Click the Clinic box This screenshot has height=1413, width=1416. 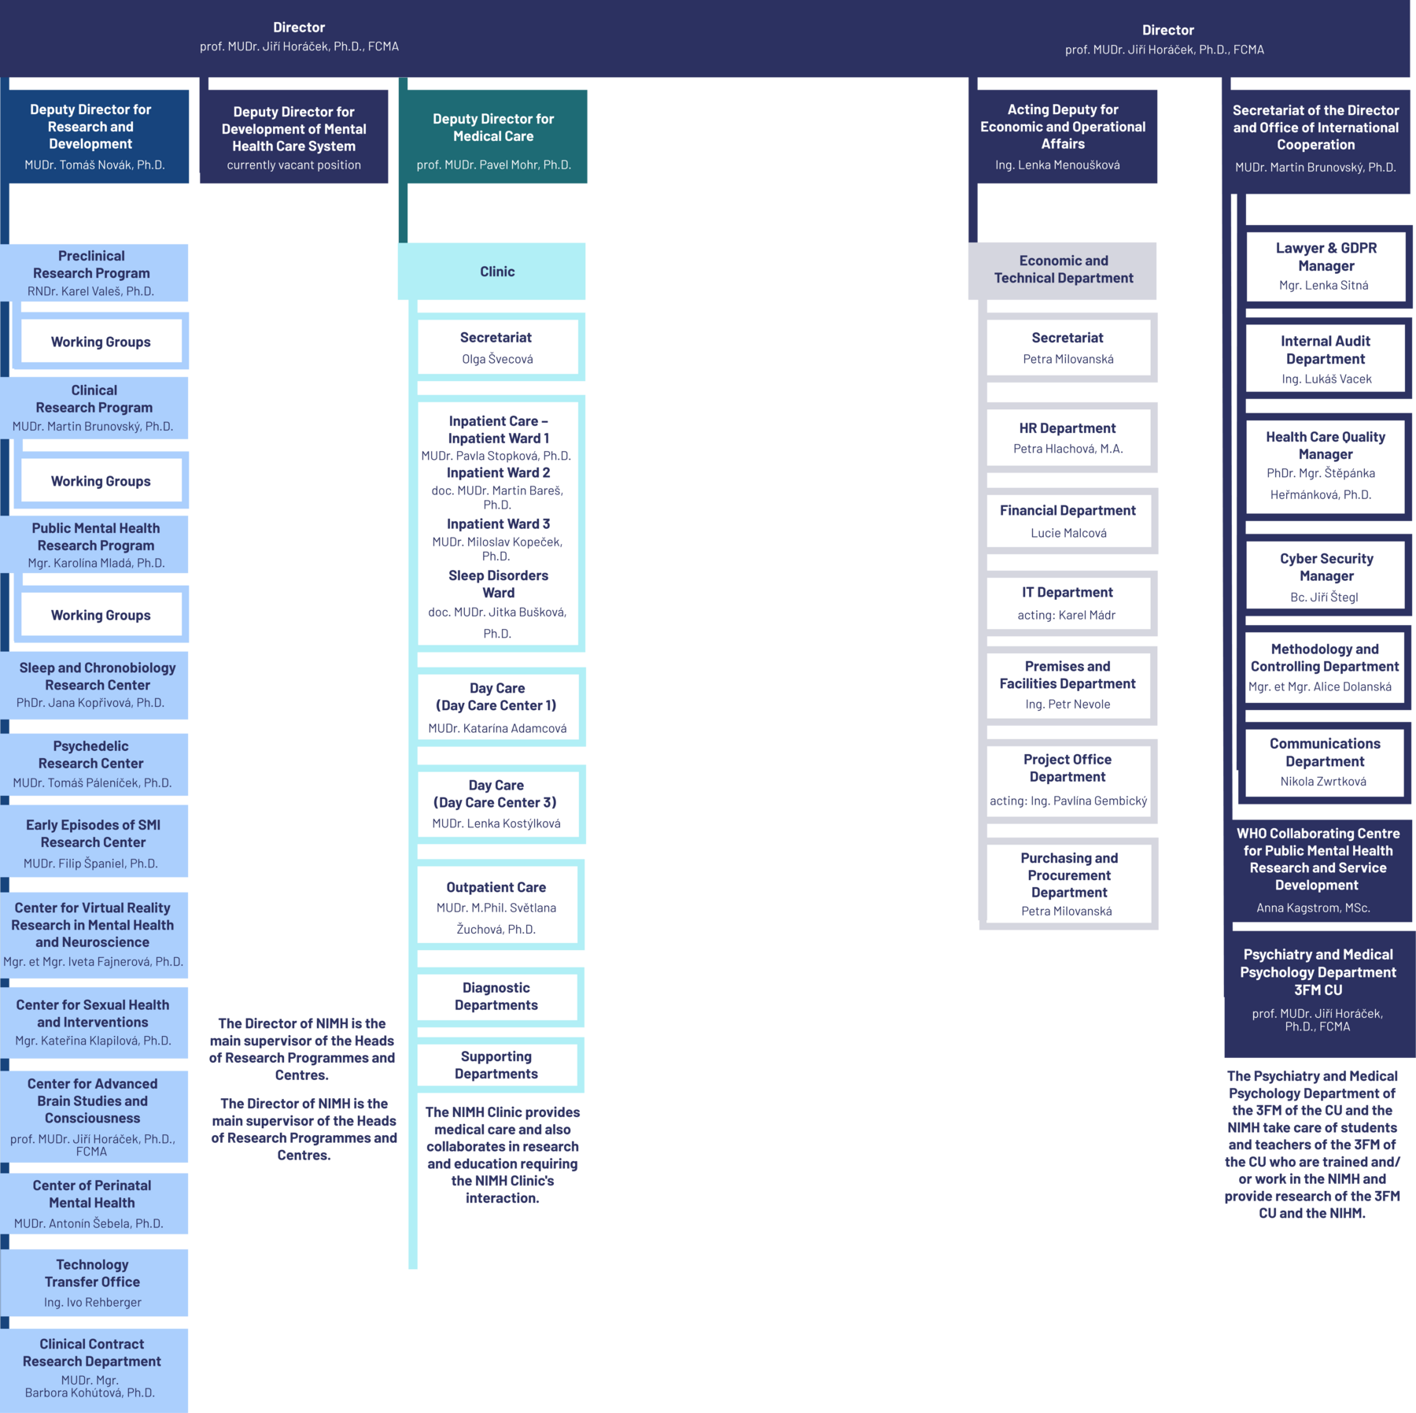[x=496, y=272]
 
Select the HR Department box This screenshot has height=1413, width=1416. [x=1068, y=438]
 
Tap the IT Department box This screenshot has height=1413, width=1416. [x=1068, y=602]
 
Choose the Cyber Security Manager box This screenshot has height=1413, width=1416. [x=1326, y=575]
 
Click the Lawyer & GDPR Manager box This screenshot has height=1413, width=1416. [x=1326, y=266]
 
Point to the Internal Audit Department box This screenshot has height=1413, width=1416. [x=1326, y=358]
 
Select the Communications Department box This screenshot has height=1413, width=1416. [x=1325, y=761]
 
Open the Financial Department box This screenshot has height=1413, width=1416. [x=1068, y=520]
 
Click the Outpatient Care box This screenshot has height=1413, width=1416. [x=496, y=905]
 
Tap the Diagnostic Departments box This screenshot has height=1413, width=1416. [x=496, y=997]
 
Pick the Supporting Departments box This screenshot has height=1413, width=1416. [x=496, y=1065]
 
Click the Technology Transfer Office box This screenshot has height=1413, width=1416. [x=93, y=1282]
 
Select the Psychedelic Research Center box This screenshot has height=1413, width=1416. [x=92, y=763]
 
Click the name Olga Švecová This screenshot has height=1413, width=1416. [x=497, y=359]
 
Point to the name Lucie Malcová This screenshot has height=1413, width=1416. [x=1068, y=533]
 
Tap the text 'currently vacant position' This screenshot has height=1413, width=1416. [x=293, y=165]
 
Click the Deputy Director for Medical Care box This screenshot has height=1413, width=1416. [x=493, y=136]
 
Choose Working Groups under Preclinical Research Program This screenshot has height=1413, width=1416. [x=101, y=342]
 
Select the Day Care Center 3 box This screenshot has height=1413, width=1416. [x=496, y=803]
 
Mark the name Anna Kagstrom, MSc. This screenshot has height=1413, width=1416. [x=1313, y=908]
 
